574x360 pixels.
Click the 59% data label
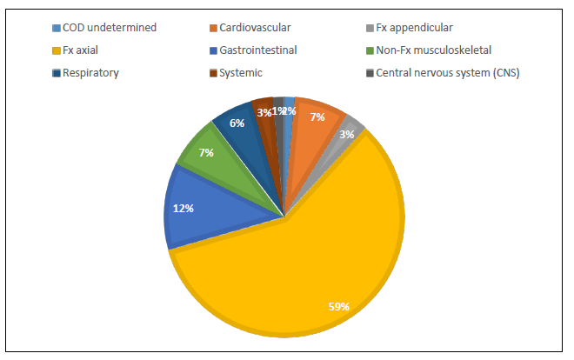click(x=338, y=306)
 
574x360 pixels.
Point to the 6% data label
click(x=237, y=123)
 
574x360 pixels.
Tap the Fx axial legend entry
click(x=80, y=50)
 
